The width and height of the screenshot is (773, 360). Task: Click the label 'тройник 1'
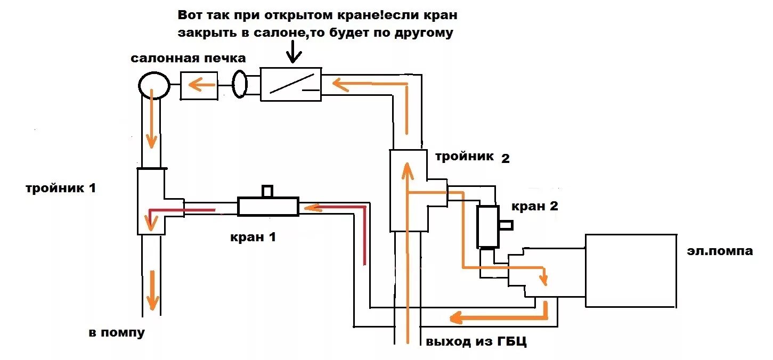[61, 188]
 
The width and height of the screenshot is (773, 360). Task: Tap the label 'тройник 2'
[472, 157]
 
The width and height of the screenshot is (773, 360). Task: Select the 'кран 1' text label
[253, 237]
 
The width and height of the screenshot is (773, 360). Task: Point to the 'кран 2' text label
[534, 207]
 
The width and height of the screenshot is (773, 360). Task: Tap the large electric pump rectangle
[631, 271]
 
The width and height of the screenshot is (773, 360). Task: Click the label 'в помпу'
[117, 333]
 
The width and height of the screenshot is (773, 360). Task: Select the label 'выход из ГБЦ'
[476, 341]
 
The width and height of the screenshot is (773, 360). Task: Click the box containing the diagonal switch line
[291, 84]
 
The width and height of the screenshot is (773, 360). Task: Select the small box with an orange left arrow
[199, 85]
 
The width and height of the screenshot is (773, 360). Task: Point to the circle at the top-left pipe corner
[154, 85]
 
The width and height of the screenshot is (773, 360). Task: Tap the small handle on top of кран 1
[267, 191]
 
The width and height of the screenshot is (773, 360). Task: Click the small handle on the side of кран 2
[506, 225]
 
